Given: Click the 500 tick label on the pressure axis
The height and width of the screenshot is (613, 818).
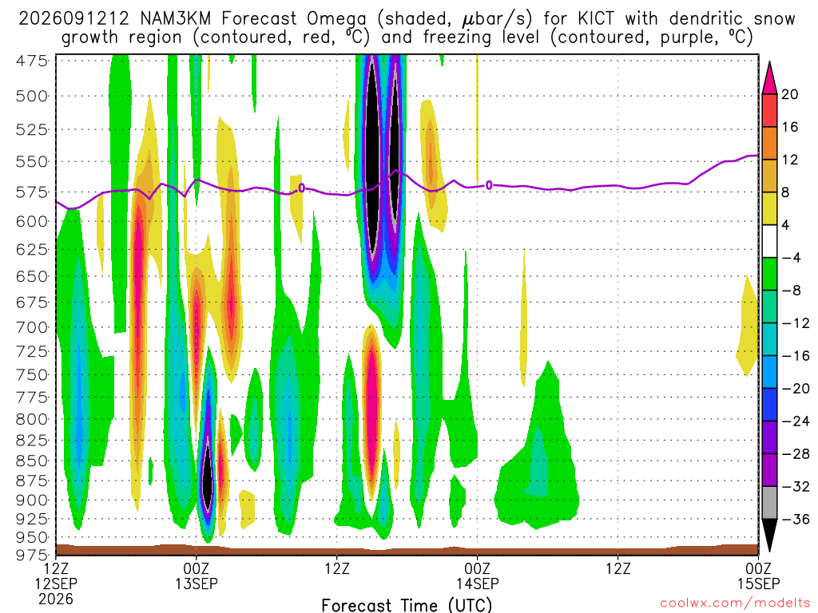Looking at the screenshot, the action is (x=31, y=97).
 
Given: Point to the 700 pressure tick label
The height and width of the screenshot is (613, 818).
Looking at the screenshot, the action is (x=31, y=328).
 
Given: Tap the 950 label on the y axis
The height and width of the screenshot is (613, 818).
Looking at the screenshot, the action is (x=31, y=537).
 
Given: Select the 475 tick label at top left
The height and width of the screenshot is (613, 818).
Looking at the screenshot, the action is (x=31, y=61).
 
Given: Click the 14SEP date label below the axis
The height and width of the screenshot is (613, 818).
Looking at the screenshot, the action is (x=478, y=583).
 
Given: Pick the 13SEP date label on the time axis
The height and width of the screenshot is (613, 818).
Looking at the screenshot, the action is (x=197, y=583).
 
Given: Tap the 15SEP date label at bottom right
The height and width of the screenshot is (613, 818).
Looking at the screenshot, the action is (x=758, y=583).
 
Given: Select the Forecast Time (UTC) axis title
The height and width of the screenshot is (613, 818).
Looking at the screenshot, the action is (x=407, y=605).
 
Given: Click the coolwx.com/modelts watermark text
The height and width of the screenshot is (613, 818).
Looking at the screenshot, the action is (x=735, y=603).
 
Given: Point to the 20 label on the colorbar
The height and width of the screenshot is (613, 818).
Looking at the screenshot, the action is (x=790, y=94).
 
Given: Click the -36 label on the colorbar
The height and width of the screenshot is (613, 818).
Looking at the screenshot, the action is (x=796, y=519).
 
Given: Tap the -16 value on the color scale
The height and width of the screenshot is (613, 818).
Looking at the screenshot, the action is (x=796, y=356).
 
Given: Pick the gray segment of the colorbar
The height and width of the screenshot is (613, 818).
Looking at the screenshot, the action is (x=769, y=503).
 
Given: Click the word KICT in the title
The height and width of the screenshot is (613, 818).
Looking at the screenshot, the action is (x=596, y=19).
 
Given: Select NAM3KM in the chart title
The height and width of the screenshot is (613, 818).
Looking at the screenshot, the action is (x=176, y=19).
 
